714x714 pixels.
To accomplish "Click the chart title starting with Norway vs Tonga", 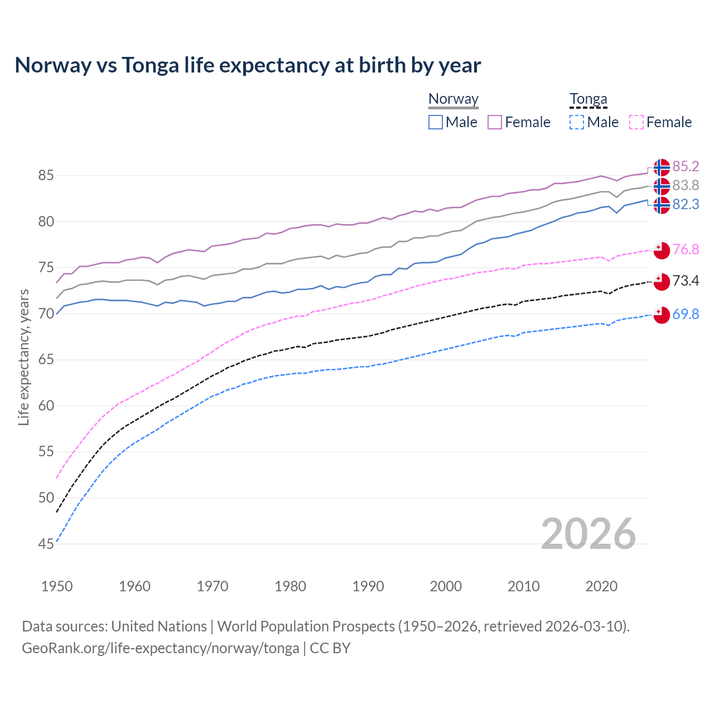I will [x=248, y=65].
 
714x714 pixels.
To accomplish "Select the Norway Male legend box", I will [x=436, y=122].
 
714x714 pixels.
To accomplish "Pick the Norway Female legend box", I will [x=495, y=122].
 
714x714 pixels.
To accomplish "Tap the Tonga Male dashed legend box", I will [x=577, y=122].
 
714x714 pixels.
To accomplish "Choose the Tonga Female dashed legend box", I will [x=636, y=122].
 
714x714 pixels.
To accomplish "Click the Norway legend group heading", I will [x=454, y=99].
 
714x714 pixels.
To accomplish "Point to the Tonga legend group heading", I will [x=588, y=99].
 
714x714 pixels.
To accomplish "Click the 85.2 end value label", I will [x=686, y=167].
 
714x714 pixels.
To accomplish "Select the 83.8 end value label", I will [x=686, y=186].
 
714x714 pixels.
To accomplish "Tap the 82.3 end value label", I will [x=686, y=205].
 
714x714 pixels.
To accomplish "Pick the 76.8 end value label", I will [x=686, y=249].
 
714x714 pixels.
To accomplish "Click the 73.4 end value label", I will [x=686, y=281].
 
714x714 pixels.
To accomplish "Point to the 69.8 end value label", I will [x=686, y=315].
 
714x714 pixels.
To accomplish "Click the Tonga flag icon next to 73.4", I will [x=662, y=282].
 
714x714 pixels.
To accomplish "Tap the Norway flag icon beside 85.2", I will [x=662, y=167].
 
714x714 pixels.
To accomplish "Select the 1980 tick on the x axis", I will [x=290, y=586].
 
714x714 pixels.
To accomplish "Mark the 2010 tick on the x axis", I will [x=523, y=586].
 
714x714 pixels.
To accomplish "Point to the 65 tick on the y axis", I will [x=46, y=360].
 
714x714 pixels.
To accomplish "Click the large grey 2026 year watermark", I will [x=588, y=534].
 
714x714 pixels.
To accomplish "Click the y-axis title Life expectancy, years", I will [x=23, y=357].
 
